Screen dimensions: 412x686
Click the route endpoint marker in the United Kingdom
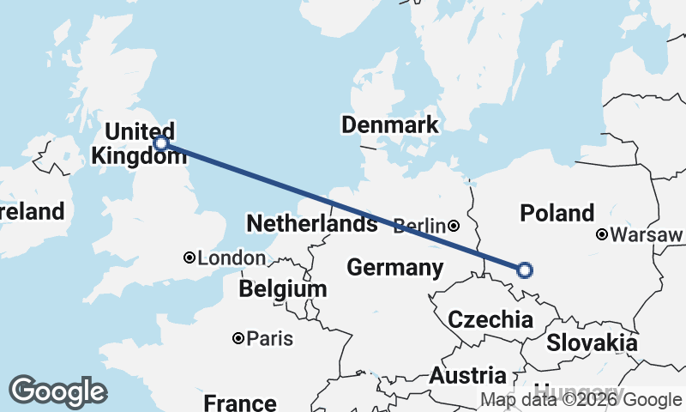[160, 142]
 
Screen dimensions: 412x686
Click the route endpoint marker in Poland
[525, 270]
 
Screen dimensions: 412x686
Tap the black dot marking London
[190, 257]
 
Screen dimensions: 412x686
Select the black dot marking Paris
[238, 339]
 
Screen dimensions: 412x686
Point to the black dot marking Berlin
[453, 227]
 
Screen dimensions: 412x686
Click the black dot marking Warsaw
[603, 234]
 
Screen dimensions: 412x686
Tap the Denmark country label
[389, 125]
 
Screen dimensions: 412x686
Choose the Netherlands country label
[311, 225]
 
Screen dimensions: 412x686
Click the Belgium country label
[283, 289]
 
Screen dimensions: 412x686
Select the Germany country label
[394, 268]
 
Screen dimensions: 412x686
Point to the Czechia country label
[490, 321]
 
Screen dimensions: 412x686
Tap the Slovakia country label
[592, 343]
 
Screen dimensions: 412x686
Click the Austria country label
[467, 376]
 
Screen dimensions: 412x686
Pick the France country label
[240, 402]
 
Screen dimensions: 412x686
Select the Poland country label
[557, 213]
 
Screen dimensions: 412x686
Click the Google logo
[57, 391]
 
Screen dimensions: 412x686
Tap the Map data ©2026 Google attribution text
[581, 399]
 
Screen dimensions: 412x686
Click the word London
[232, 258]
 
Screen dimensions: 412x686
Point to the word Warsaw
[647, 234]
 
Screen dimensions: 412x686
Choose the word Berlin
[419, 227]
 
